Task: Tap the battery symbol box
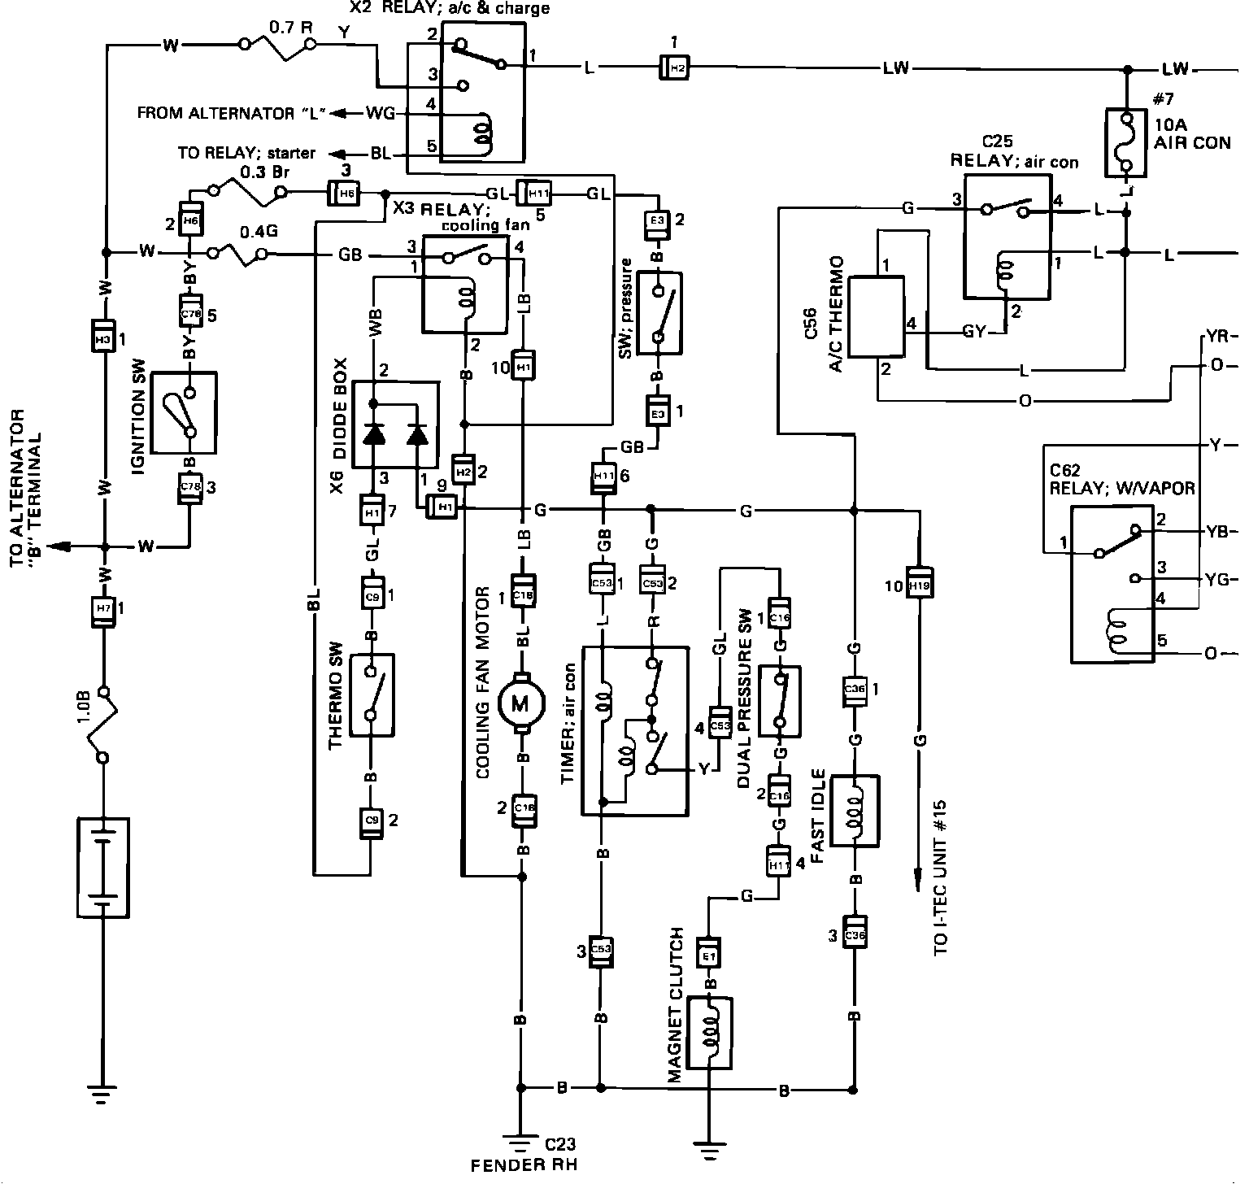pyautogui.click(x=102, y=868)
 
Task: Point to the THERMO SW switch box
pyautogui.click(x=371, y=694)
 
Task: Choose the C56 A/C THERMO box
pyautogui.click(x=877, y=317)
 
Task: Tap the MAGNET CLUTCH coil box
pyautogui.click(x=710, y=1032)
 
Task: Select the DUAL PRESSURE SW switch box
pyautogui.click(x=779, y=700)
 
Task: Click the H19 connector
pyautogui.click(x=918, y=585)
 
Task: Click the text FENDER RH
pyautogui.click(x=524, y=1164)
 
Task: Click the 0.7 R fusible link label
pyautogui.click(x=290, y=25)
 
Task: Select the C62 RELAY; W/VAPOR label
pyautogui.click(x=1121, y=479)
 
